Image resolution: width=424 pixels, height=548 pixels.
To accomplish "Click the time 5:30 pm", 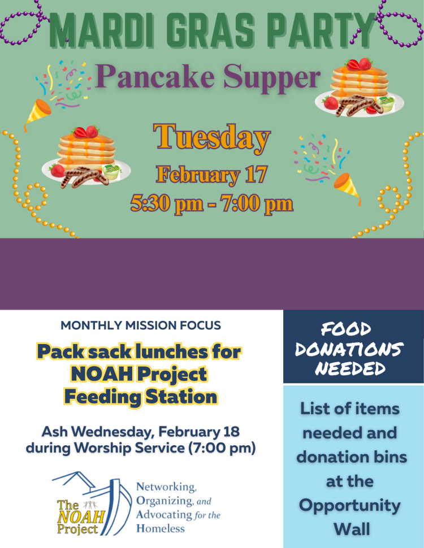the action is point(167,203).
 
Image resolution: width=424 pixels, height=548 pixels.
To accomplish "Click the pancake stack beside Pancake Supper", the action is point(360,88).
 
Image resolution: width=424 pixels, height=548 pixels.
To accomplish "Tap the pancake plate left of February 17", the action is point(86,157).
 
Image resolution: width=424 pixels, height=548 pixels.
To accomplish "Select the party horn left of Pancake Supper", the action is point(38,114).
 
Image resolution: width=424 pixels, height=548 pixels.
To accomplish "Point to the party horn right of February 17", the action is point(348,188).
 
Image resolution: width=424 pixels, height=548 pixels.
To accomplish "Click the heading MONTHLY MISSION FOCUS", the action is point(141,325).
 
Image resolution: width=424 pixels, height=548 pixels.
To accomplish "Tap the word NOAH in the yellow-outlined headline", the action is point(102,374).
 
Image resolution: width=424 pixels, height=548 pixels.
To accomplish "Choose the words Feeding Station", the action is point(141,397).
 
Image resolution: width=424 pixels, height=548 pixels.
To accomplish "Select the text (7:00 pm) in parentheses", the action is point(222,448).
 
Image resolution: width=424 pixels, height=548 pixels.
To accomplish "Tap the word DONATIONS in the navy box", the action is point(349,349).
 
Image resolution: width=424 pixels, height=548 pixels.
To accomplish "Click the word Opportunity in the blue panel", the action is point(350,506).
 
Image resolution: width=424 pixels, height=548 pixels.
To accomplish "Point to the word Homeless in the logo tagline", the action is point(160,528).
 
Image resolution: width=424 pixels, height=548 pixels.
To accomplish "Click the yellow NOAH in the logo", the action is point(81,517).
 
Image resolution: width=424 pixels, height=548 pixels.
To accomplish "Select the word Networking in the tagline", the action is point(166,487).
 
